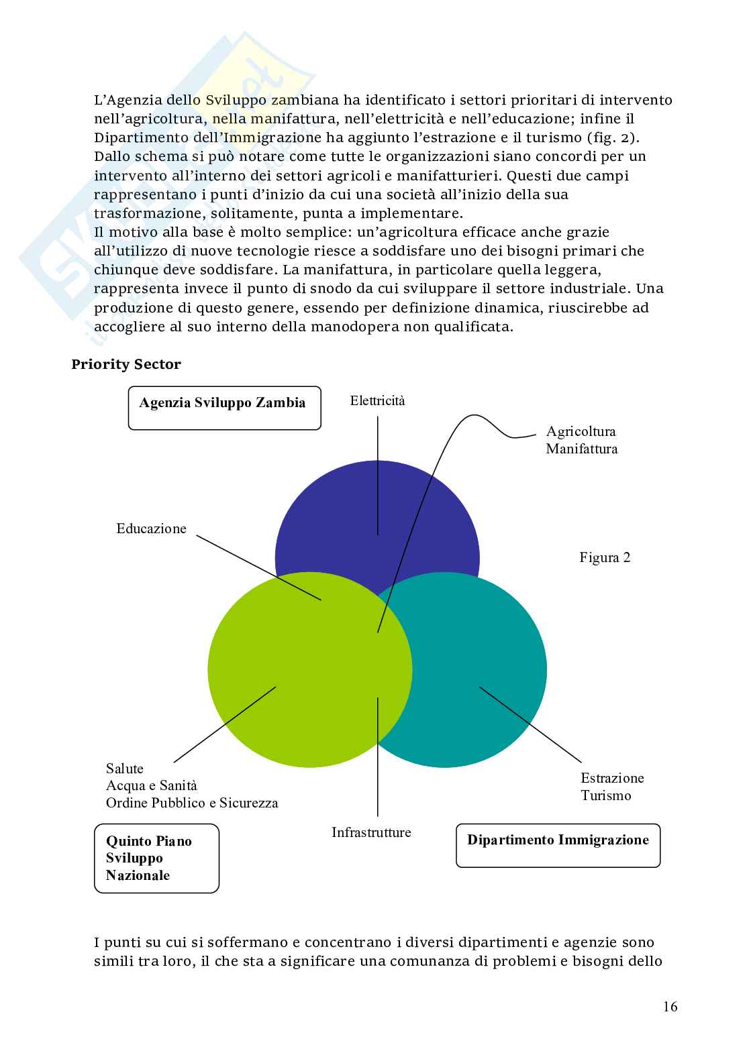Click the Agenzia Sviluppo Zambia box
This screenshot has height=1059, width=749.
pos(224,408)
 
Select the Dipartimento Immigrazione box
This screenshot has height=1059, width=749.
pos(558,845)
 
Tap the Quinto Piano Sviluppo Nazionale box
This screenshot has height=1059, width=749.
pos(156,858)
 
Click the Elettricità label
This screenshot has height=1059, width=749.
pos(378,401)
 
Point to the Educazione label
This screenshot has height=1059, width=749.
pos(151,528)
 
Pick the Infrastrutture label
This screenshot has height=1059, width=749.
pos(371,832)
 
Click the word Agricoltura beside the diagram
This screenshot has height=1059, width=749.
pos(581,431)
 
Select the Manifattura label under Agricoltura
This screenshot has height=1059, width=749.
pos(581,449)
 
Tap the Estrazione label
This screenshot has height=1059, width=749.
pos(612,778)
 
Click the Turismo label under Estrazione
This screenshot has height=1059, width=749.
pos(606,795)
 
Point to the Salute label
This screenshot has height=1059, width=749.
pos(125,769)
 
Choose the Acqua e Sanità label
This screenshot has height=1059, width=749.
pos(152,785)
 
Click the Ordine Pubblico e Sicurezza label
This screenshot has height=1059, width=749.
pos(192,803)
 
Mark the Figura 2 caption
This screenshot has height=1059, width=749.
pos(605,557)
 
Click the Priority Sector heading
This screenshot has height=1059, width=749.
pos(126,364)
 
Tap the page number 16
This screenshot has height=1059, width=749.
pos(670,1006)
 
